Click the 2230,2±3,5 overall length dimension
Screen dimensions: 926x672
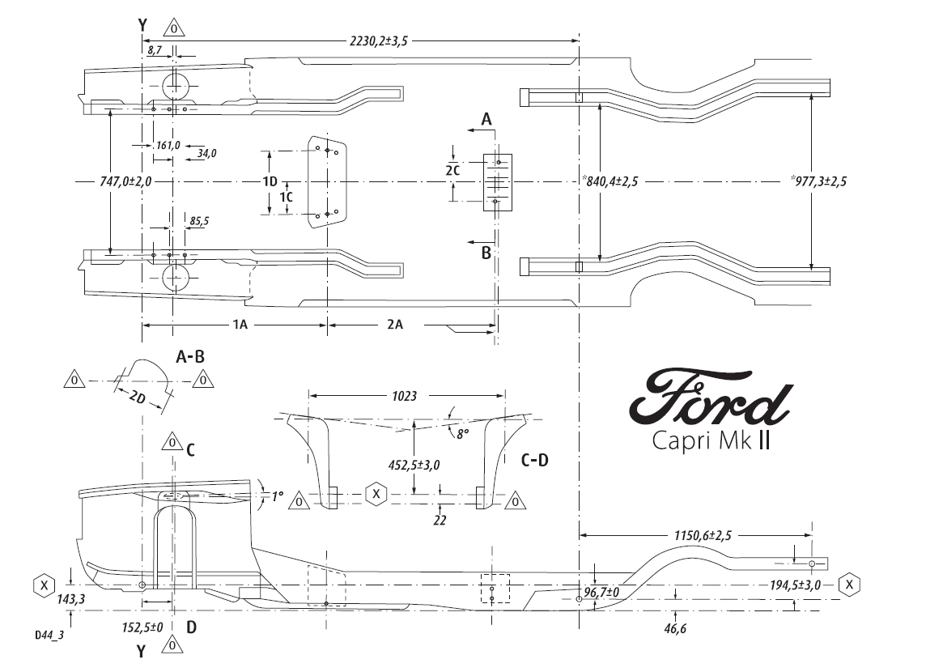[x=379, y=41]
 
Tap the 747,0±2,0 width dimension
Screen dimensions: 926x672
[x=125, y=181]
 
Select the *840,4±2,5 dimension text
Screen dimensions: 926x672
[x=610, y=181]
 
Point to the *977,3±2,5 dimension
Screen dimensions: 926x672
[x=818, y=181]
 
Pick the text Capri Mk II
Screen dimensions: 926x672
[x=711, y=440]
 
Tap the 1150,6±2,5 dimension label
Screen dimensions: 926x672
[x=703, y=536]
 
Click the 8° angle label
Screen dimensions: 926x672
[x=462, y=434]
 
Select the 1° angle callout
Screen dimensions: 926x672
[x=278, y=496]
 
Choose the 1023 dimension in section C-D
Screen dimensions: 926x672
[x=405, y=396]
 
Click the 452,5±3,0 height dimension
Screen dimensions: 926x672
[x=414, y=466]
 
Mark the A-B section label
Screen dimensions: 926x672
[x=190, y=357]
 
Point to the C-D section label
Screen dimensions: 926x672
[x=535, y=460]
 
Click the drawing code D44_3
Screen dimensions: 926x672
[x=49, y=636]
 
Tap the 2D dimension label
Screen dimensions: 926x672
[x=137, y=398]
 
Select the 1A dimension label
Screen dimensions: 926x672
[x=239, y=325]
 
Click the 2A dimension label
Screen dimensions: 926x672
[x=395, y=325]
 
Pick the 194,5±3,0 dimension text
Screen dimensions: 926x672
[x=795, y=585]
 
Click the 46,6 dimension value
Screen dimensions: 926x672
[x=675, y=629]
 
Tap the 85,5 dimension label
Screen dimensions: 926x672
[x=199, y=222]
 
